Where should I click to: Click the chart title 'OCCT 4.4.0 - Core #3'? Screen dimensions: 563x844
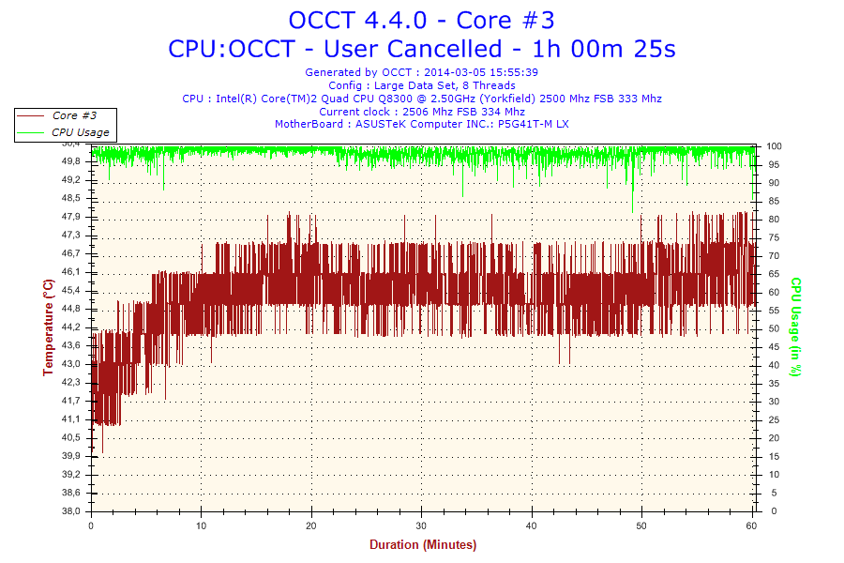pyautogui.click(x=421, y=20)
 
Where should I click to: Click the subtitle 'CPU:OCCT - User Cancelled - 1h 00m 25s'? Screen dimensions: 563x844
pyautogui.click(x=421, y=48)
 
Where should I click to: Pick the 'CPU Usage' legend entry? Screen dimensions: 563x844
pyautogui.click(x=80, y=132)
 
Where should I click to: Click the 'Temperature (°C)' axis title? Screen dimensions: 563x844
pyautogui.click(x=48, y=327)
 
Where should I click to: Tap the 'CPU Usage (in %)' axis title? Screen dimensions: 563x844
pyautogui.click(x=795, y=327)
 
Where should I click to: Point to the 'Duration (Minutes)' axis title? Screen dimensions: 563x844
pyautogui.click(x=422, y=544)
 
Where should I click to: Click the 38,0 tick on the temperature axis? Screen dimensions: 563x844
pyautogui.click(x=70, y=511)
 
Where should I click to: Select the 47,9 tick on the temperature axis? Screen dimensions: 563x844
pyautogui.click(x=70, y=217)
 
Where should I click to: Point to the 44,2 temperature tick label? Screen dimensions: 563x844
pyautogui.click(x=70, y=327)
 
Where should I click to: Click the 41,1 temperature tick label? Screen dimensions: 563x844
pyautogui.click(x=70, y=419)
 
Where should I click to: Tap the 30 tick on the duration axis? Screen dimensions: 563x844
pyautogui.click(x=422, y=525)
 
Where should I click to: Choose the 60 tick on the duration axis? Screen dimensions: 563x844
pyautogui.click(x=753, y=525)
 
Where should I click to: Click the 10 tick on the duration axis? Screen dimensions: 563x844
pyautogui.click(x=201, y=525)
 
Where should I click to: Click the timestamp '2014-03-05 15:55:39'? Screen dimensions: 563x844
pyautogui.click(x=481, y=72)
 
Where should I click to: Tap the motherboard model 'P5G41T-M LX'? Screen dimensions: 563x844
pyautogui.click(x=534, y=124)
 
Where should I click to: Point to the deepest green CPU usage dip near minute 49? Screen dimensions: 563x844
pyautogui.click(x=633, y=211)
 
